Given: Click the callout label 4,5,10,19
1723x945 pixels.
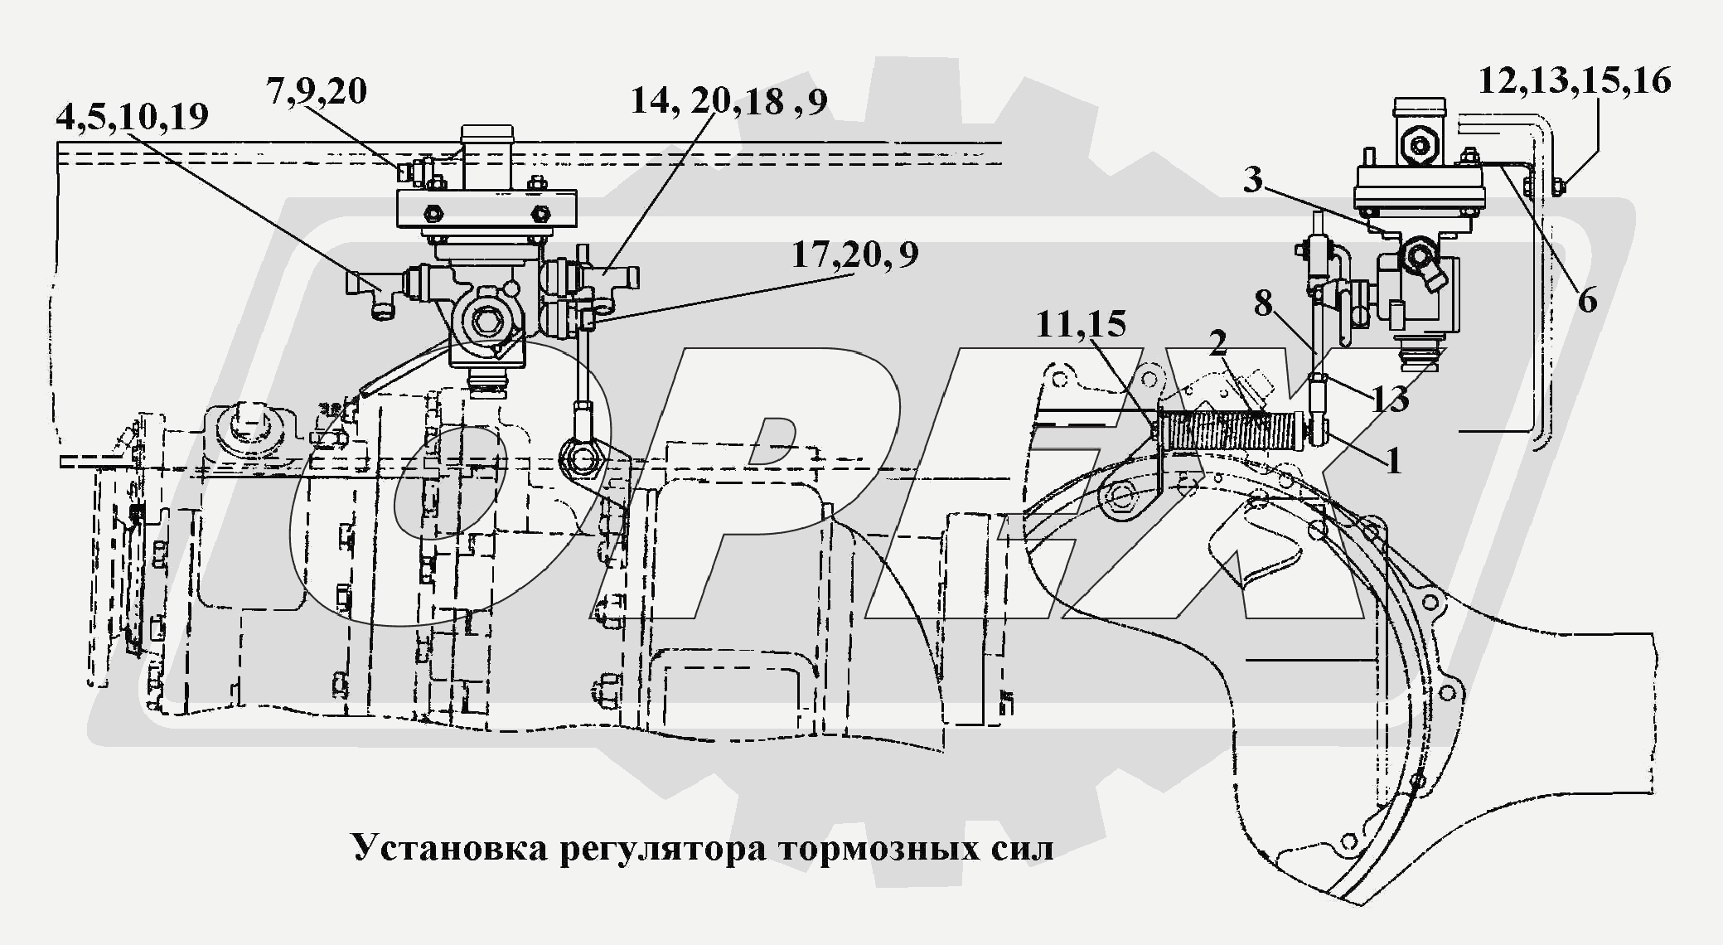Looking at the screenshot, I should click(132, 118).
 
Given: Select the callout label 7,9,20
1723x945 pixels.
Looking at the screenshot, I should click(317, 91).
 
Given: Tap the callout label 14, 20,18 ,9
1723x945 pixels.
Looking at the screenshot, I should click(728, 101).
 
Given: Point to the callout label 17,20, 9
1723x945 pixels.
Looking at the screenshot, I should click(854, 255).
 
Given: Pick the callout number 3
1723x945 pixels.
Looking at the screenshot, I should click(1252, 179).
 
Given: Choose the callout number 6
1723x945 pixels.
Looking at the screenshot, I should click(1586, 300).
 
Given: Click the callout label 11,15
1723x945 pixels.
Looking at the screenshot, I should click(1081, 325).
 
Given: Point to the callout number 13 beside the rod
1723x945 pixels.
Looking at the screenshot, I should click(1389, 400).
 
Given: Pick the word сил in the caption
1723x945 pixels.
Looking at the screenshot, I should click(1020, 848).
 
